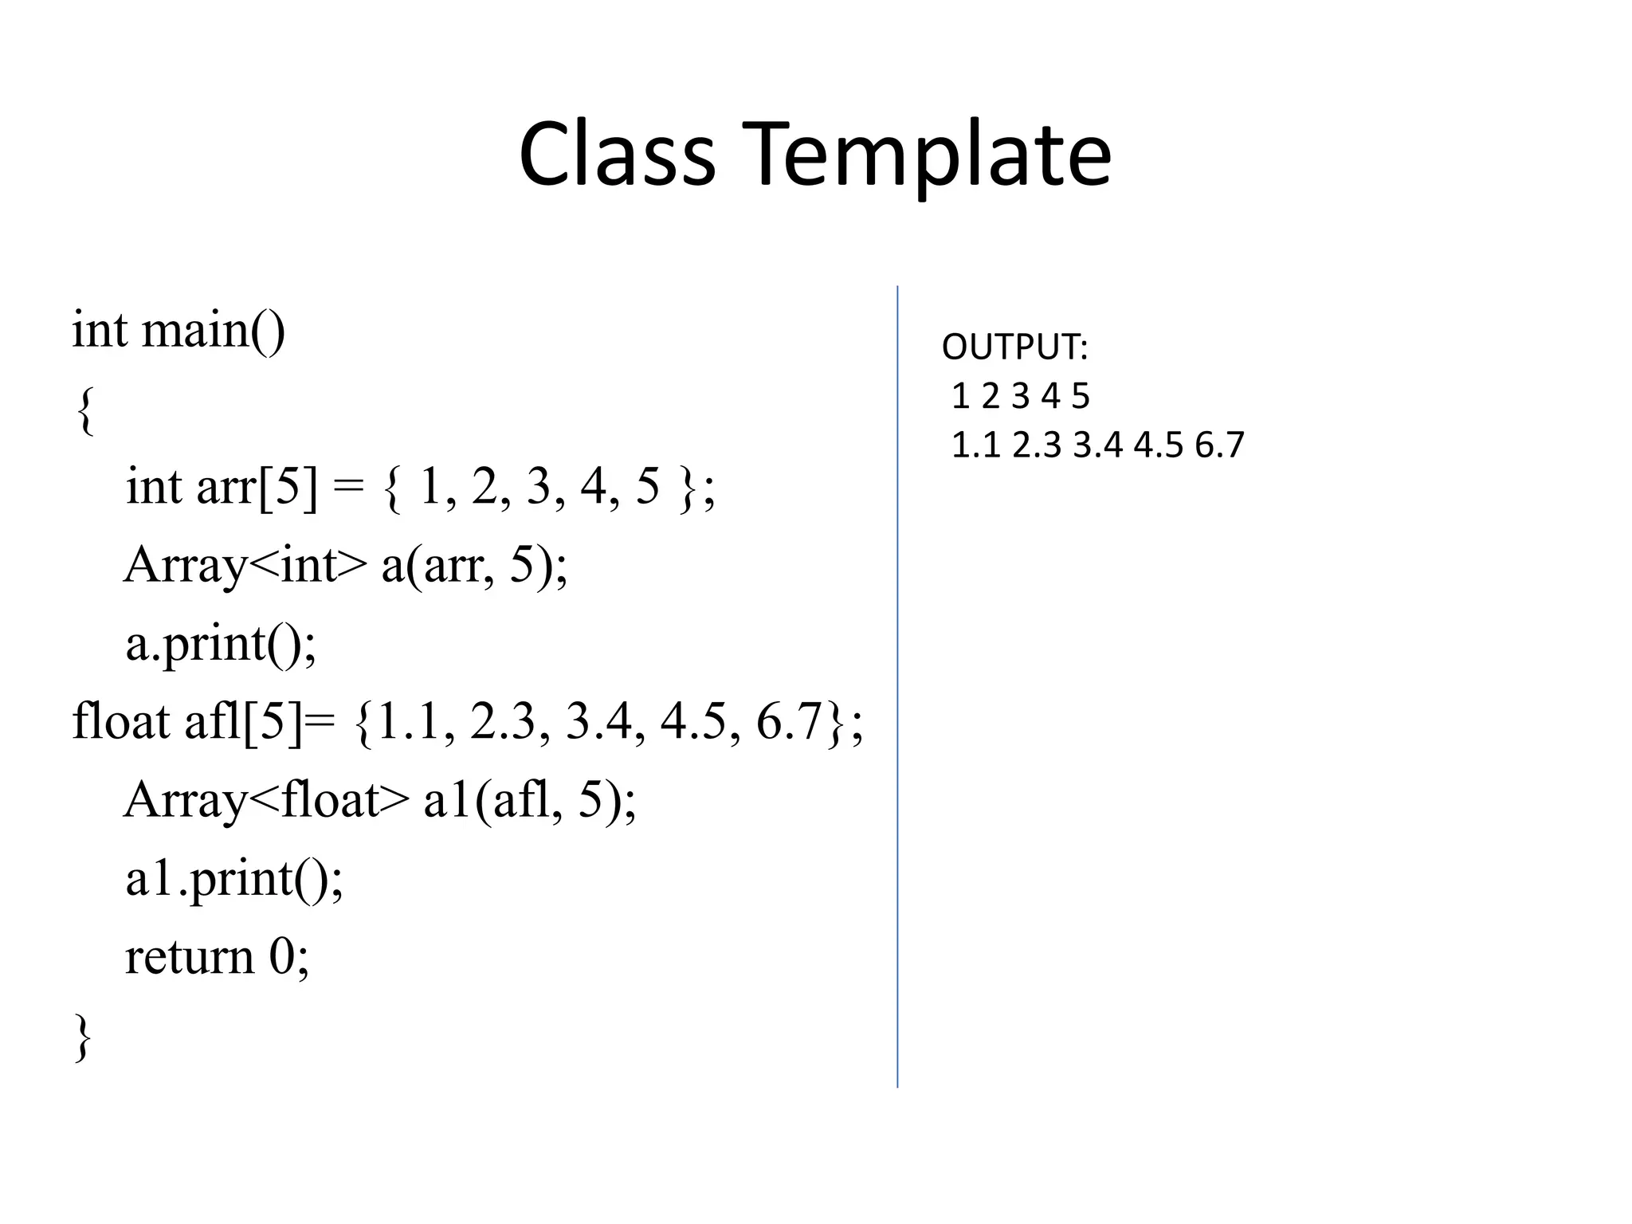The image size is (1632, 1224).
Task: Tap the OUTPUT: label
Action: coord(1014,347)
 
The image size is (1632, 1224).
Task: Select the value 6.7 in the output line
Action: coord(1219,445)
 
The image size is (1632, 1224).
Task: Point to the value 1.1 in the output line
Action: coord(976,445)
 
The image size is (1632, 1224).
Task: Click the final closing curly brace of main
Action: coord(83,1037)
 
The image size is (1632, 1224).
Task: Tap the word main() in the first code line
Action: coord(213,330)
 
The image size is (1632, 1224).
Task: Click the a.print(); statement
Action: coord(221,644)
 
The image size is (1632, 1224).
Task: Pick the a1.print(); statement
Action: coord(234,879)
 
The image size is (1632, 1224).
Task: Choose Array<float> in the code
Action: coord(266,800)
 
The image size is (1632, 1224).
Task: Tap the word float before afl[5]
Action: coord(120,721)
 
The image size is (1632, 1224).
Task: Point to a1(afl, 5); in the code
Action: coord(530,800)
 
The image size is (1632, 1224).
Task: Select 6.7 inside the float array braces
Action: coord(788,721)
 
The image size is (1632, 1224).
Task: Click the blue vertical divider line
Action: coord(897,685)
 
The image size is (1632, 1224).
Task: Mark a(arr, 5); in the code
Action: coord(474,566)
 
